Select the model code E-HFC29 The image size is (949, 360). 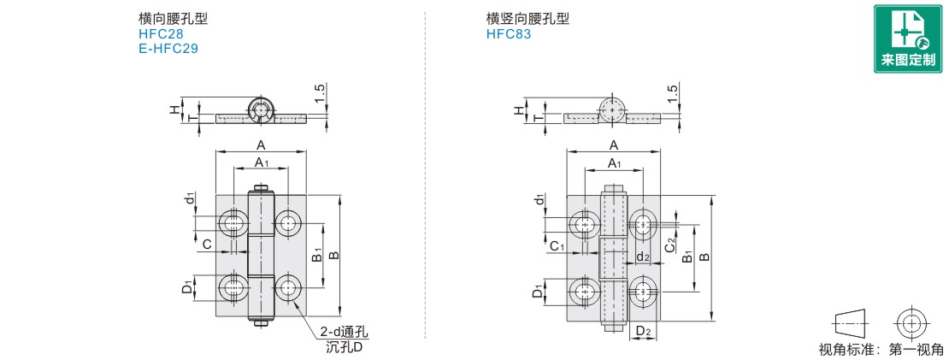[168, 49]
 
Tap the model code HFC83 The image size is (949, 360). [508, 35]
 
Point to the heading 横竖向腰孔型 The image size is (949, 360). [528, 19]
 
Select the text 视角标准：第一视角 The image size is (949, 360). [881, 349]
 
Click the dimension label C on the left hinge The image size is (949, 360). [207, 244]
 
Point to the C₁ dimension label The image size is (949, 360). [556, 246]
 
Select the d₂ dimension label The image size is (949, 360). [643, 257]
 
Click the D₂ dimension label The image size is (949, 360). [644, 331]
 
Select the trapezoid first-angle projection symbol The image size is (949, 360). [851, 323]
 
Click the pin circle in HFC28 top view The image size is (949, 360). [261, 110]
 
